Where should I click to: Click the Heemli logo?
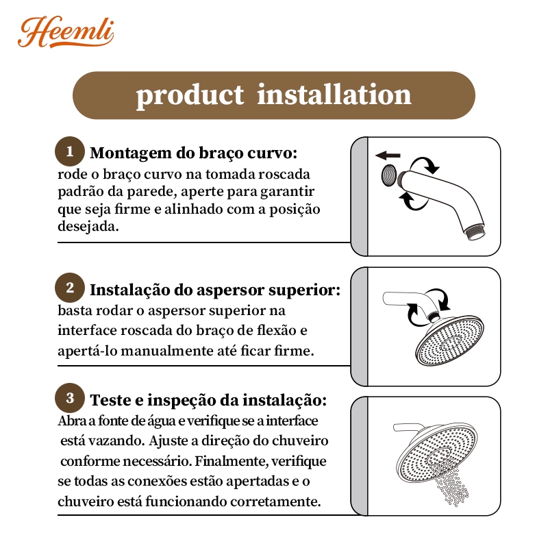pyautogui.click(x=66, y=32)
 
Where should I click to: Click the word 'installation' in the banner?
pyautogui.click(x=334, y=95)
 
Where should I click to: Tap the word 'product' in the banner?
pyautogui.click(x=190, y=96)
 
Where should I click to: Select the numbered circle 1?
pyautogui.click(x=70, y=151)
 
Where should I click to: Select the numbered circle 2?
pyautogui.click(x=70, y=288)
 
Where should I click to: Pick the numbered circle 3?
pyautogui.click(x=70, y=398)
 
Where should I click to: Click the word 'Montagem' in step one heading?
pyautogui.click(x=131, y=153)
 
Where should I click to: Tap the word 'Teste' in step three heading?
pyautogui.click(x=112, y=400)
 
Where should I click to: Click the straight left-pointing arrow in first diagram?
pyautogui.click(x=388, y=155)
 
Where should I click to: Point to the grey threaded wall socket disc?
pyautogui.click(x=388, y=175)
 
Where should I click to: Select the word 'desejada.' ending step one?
pyautogui.click(x=88, y=227)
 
